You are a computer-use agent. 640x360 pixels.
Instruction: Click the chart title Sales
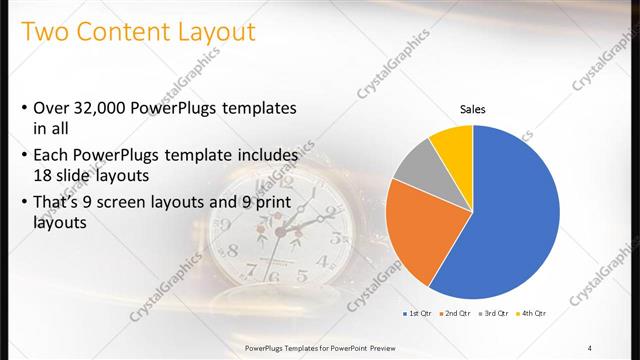473,109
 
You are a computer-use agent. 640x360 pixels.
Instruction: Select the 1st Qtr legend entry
418,314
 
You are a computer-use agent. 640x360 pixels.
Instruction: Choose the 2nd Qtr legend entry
457,314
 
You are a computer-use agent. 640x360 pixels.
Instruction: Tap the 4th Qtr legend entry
534,314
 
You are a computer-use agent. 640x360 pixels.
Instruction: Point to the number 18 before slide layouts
45,174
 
